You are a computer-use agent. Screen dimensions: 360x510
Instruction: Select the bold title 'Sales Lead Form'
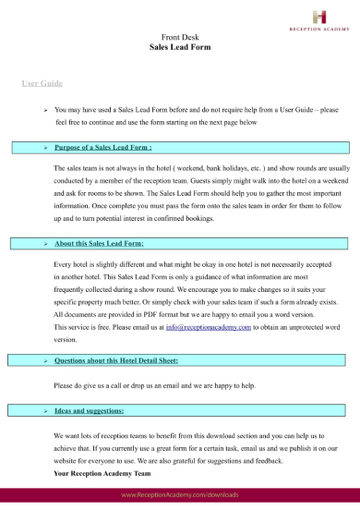179,45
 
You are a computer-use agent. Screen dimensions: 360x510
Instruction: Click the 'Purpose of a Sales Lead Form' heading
103,147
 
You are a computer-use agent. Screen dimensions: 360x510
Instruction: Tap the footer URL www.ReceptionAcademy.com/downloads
180,496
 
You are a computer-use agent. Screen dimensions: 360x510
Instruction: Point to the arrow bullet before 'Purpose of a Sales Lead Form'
45,147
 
